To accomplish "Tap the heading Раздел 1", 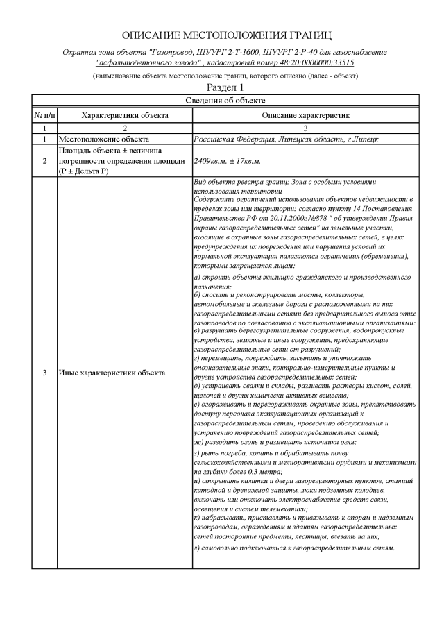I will point(226,87).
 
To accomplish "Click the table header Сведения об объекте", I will point(225,101).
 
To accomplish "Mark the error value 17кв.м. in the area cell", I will point(248,161).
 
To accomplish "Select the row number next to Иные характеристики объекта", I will point(44,373).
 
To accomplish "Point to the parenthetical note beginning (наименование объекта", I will point(225,75).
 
